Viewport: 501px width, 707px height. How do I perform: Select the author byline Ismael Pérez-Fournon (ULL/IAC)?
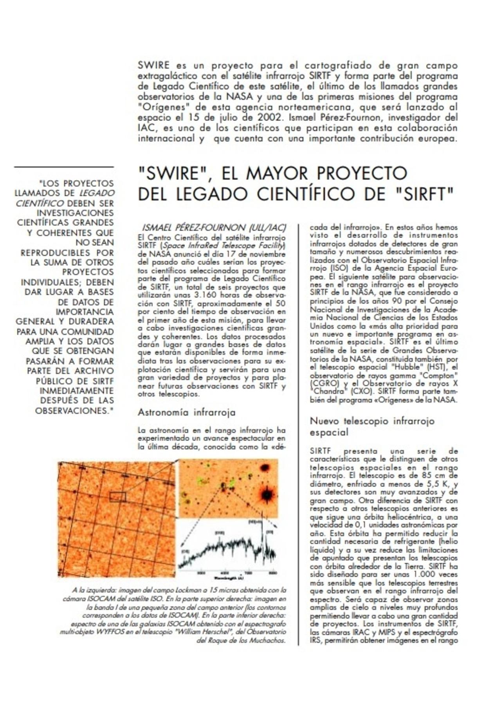[x=213, y=228]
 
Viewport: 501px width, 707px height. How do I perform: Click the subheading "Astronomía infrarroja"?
[x=186, y=412]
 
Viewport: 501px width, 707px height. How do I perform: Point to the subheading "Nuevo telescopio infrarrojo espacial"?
[x=372, y=427]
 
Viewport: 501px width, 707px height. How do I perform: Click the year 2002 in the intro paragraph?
[x=268, y=118]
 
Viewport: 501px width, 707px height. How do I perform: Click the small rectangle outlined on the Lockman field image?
[x=117, y=497]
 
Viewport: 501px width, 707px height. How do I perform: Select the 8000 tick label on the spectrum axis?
[x=272, y=573]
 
